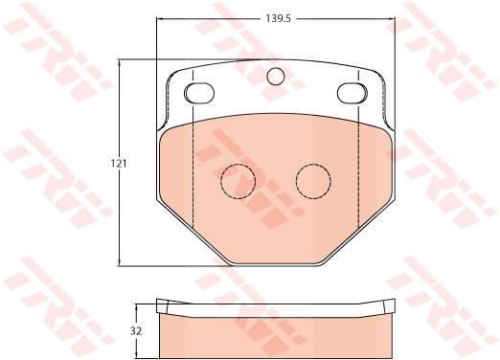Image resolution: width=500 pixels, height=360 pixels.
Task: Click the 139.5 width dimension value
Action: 278,19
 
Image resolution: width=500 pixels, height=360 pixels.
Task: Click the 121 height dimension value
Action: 119,164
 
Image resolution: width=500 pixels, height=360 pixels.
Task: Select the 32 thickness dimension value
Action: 136,331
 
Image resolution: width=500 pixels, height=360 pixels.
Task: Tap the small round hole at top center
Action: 276,77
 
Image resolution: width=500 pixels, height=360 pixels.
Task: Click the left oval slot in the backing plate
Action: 199,93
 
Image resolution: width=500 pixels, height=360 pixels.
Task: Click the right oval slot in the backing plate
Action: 352,93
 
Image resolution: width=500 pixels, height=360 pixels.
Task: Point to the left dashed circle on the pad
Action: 239,181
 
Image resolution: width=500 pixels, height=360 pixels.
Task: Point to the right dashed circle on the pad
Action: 313,181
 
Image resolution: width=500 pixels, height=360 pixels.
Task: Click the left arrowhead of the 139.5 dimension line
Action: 159,19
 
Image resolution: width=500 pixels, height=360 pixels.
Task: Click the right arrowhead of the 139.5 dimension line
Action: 392,19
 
